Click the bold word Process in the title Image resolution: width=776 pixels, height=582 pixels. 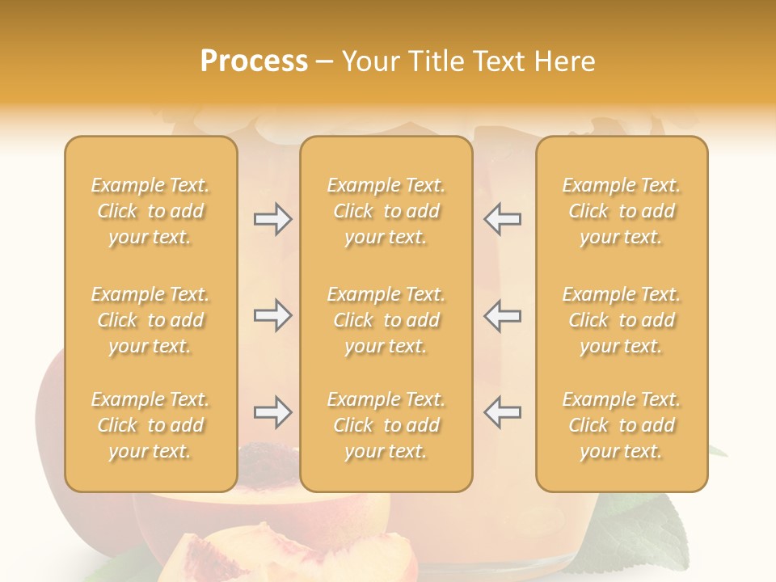254,61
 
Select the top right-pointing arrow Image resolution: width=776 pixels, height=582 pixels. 272,219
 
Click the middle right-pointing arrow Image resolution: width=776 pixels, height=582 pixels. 272,315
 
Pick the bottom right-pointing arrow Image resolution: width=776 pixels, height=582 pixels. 272,413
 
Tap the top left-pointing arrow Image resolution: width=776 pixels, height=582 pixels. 503,219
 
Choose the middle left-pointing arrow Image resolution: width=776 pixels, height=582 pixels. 503,315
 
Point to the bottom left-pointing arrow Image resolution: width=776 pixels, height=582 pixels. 503,413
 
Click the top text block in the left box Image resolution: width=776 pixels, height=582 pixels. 150,211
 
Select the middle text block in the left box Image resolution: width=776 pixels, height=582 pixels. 150,320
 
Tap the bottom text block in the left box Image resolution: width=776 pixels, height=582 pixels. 150,425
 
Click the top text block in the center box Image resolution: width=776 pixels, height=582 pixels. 386,211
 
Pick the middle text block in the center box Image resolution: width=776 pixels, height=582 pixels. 386,320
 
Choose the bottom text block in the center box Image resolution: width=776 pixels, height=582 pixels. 386,425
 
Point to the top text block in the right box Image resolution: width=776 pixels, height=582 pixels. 621,211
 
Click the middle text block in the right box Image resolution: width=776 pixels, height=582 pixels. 621,320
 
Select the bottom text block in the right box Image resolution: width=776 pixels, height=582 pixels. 621,425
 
